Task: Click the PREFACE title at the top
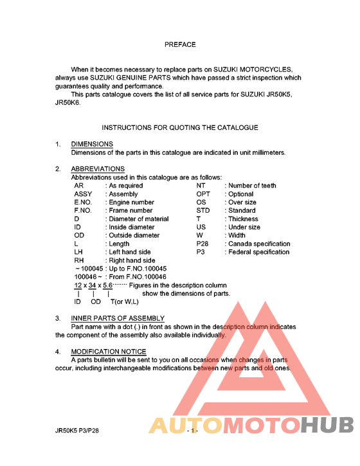(180, 45)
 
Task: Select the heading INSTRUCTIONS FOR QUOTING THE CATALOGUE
(180, 128)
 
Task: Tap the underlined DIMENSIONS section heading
(92, 144)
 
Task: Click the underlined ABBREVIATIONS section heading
(98, 169)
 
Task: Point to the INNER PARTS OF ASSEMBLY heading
(118, 318)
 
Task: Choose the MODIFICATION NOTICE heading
(109, 352)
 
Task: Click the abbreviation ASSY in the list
(83, 194)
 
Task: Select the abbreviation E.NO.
(84, 202)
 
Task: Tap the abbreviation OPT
(203, 194)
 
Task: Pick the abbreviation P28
(203, 244)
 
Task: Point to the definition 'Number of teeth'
(252, 186)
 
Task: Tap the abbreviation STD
(203, 211)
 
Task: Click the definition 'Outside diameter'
(133, 236)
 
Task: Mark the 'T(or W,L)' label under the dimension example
(125, 302)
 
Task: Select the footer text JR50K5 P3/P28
(77, 433)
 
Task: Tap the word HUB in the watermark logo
(328, 426)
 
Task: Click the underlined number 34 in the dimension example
(93, 285)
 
